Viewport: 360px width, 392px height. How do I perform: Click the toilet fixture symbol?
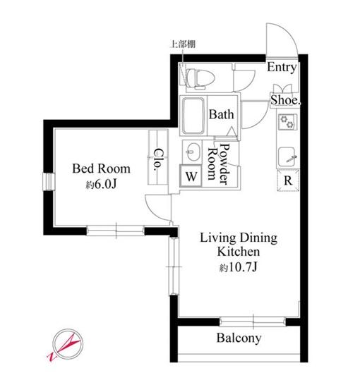click(x=200, y=79)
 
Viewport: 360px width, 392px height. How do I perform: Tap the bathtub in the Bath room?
click(x=193, y=116)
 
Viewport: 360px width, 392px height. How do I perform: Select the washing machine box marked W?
click(x=191, y=176)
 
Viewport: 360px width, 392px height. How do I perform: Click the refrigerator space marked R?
click(x=288, y=180)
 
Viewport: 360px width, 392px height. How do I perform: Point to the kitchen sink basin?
click(x=287, y=157)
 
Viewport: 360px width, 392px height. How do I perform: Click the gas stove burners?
click(x=287, y=122)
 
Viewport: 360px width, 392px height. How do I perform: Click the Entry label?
click(x=282, y=67)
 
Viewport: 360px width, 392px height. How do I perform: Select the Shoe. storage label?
click(x=285, y=100)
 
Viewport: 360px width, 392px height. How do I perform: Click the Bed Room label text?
click(x=102, y=169)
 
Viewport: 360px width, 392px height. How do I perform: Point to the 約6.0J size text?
click(x=102, y=185)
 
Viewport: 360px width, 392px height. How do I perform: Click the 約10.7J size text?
click(x=239, y=268)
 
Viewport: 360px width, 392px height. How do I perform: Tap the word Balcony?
click(x=239, y=338)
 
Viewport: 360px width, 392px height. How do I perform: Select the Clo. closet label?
click(x=158, y=159)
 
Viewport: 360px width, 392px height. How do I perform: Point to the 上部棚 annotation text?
click(x=183, y=44)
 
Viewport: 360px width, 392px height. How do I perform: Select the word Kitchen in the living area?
click(x=239, y=252)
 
